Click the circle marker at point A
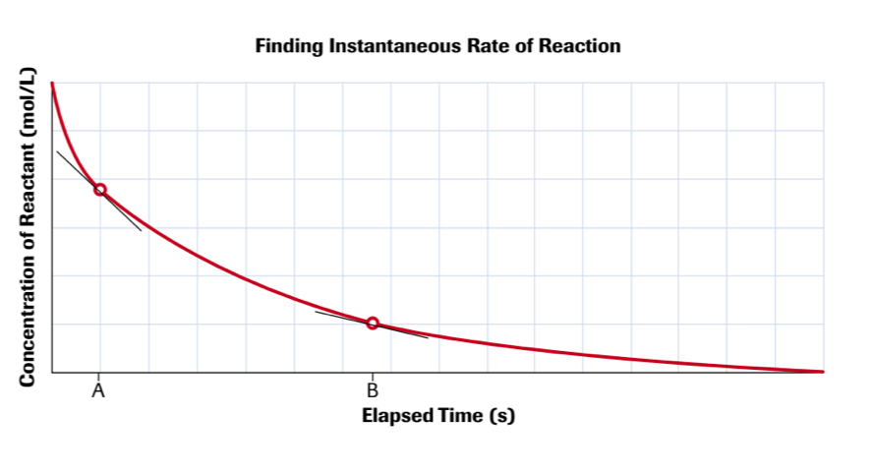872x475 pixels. (x=99, y=190)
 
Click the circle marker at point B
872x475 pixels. (x=373, y=324)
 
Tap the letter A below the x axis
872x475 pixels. (x=98, y=391)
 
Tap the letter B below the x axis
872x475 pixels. (x=373, y=391)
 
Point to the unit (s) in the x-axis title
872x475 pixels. (x=502, y=415)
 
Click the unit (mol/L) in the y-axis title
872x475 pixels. (x=29, y=104)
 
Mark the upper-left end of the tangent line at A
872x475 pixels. (x=57, y=151)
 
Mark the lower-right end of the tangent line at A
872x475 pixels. (x=141, y=230)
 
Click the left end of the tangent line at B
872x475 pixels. (x=316, y=312)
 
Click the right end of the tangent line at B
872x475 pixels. (x=428, y=337)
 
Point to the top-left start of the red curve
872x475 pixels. (x=52, y=85)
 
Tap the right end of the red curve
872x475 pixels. (x=822, y=371)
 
